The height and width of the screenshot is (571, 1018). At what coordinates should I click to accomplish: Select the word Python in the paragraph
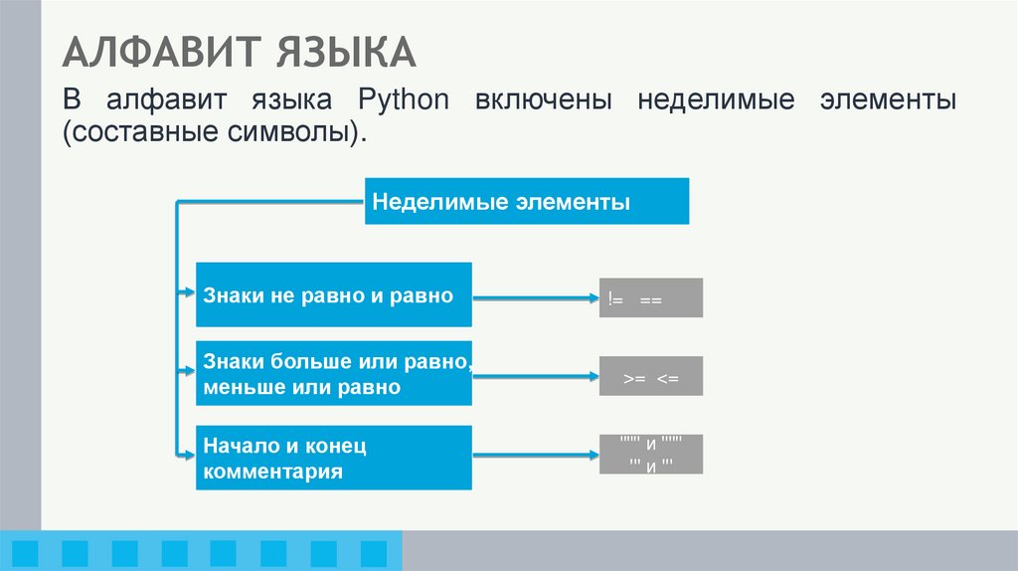403,101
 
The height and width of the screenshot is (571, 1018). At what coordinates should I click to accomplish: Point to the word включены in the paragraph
544,101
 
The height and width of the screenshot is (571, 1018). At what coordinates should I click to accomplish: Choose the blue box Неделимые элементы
526,201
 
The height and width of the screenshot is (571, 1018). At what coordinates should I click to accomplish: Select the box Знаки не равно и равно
333,295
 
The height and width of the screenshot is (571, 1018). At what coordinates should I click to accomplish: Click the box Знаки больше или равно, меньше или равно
333,375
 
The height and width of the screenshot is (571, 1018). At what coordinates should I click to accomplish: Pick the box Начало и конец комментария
333,458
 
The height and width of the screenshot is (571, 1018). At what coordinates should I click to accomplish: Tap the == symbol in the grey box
651,298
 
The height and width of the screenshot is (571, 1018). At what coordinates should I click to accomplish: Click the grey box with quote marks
651,455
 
